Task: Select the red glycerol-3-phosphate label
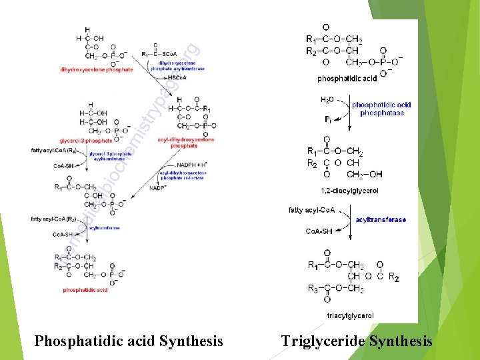86,141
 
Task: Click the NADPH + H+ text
193,164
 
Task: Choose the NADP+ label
158,189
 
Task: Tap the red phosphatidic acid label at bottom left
85,290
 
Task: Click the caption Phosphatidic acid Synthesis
129,341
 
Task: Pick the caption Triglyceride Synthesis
357,341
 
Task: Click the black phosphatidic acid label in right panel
347,78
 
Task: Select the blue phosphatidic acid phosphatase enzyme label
382,109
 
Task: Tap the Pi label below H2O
328,120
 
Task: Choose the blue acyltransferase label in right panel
381,219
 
